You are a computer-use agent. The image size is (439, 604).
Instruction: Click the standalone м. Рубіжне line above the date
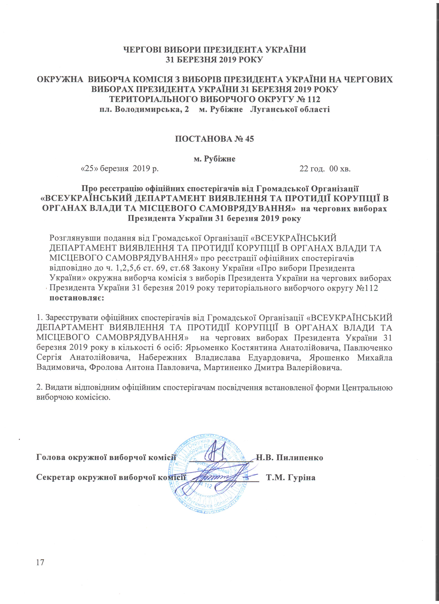[x=214, y=159]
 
